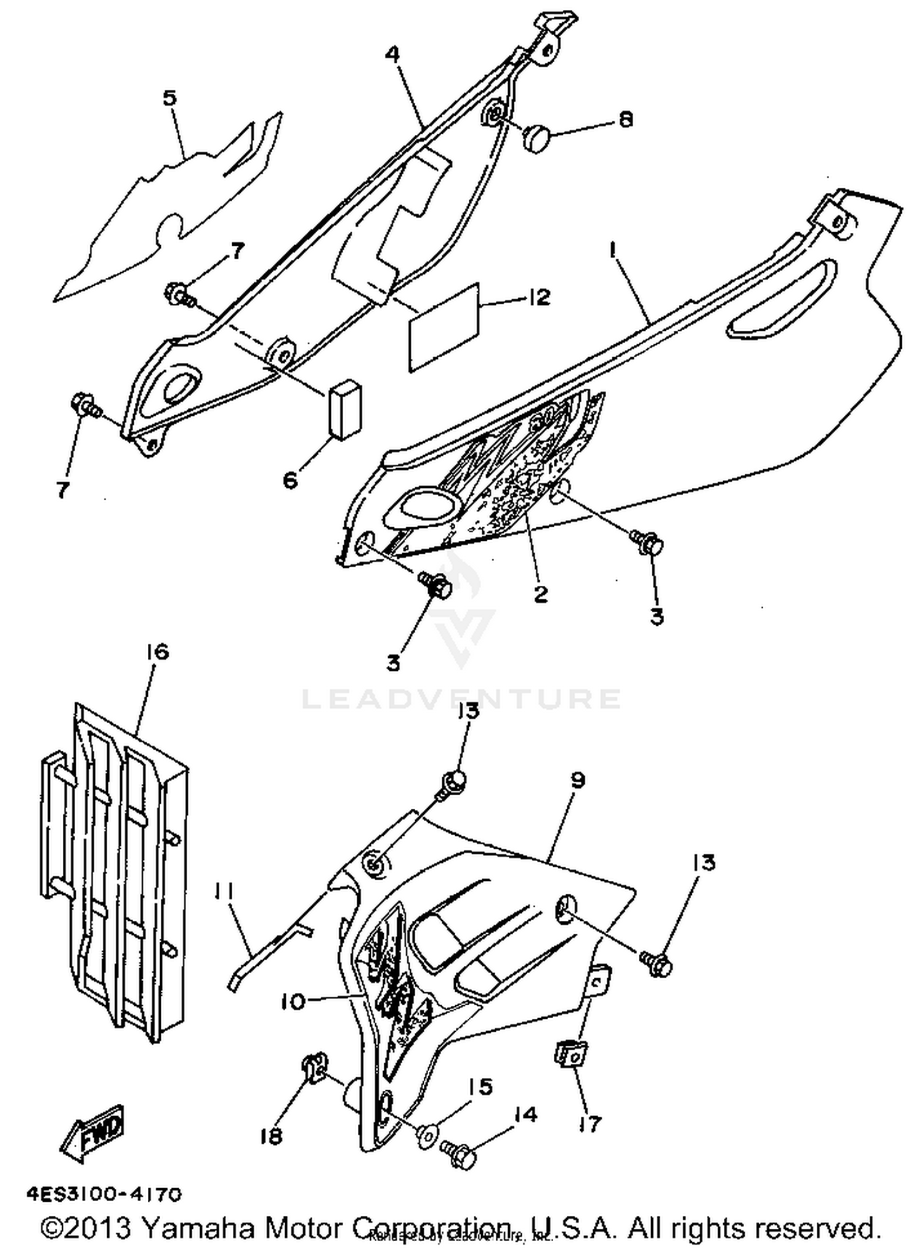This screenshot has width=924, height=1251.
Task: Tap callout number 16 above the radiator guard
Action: (157, 652)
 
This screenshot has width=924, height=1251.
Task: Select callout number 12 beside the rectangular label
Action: (538, 298)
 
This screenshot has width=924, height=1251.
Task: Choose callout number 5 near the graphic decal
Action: (169, 97)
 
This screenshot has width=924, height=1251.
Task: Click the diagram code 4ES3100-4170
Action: (104, 1195)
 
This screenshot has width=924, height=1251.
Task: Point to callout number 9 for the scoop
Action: (578, 780)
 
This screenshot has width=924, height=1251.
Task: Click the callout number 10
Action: (293, 1002)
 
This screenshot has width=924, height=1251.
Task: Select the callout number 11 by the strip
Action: (224, 890)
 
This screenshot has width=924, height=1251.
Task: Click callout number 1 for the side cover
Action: (613, 249)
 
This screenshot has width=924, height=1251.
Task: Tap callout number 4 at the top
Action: (392, 54)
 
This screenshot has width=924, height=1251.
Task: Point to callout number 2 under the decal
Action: (540, 594)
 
